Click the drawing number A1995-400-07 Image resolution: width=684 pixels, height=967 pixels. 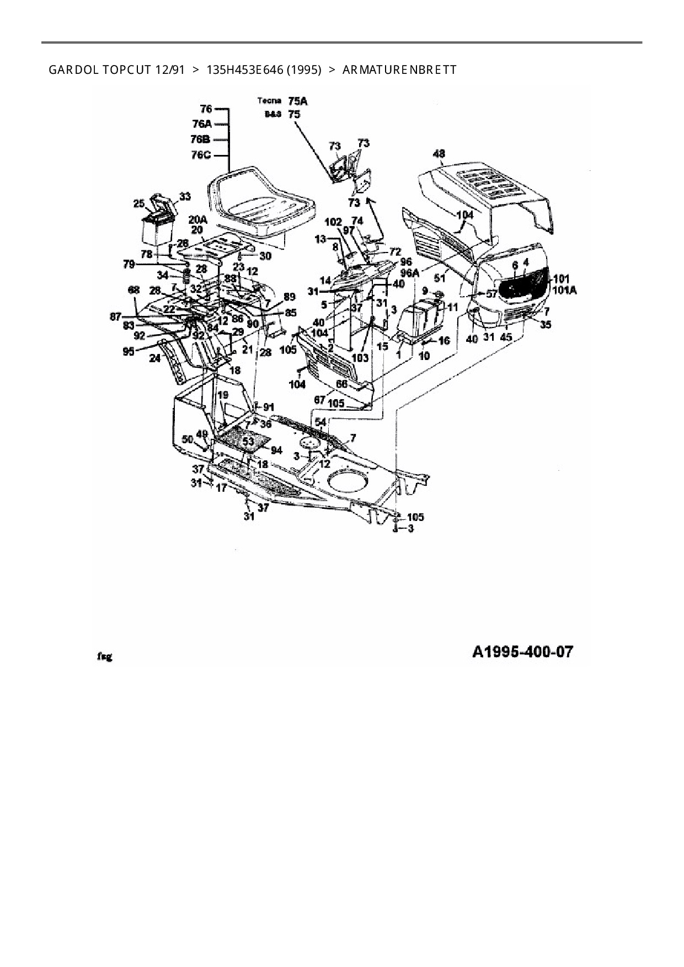[x=522, y=652]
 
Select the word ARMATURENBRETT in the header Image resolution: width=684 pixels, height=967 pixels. [x=399, y=70]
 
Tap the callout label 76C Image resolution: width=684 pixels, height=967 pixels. [x=201, y=155]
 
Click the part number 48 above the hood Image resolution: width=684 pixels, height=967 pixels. [x=440, y=154]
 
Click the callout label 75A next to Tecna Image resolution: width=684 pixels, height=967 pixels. [x=298, y=101]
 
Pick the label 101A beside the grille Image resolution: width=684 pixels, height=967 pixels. [x=564, y=290]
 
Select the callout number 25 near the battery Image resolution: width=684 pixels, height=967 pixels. [x=139, y=204]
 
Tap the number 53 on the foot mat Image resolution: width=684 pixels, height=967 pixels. [x=248, y=441]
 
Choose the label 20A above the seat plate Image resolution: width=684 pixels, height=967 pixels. [x=197, y=219]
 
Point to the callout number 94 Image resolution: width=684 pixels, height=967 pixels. [x=276, y=450]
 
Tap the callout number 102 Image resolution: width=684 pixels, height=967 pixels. [x=333, y=222]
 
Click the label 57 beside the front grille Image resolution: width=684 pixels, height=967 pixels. [x=491, y=294]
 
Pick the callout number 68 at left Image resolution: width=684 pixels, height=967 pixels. [x=133, y=290]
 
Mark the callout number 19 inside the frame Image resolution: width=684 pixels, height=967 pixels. [x=222, y=395]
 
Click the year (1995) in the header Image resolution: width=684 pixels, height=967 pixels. [x=303, y=70]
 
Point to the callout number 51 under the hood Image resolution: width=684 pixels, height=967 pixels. [x=440, y=278]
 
